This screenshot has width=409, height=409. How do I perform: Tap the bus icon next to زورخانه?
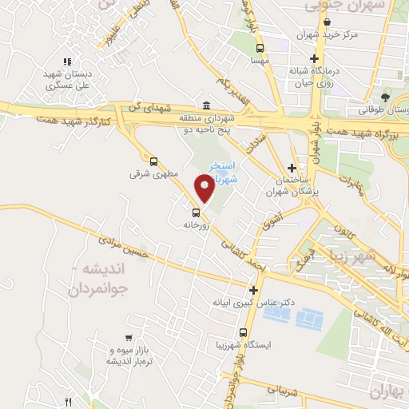196,212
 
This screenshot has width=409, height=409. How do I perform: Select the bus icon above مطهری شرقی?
153,160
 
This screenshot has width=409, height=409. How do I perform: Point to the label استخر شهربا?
220,171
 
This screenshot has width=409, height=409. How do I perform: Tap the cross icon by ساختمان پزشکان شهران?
292,168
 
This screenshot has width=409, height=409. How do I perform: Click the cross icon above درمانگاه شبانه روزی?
315,59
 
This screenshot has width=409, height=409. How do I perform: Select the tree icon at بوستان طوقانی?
385,97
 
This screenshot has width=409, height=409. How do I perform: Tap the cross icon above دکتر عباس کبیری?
254,291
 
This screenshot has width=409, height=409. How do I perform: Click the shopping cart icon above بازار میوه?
129,339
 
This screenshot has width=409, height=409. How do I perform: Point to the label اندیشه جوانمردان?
105,280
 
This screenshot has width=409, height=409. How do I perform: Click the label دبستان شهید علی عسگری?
68,79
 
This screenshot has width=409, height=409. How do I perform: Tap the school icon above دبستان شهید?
68,61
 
